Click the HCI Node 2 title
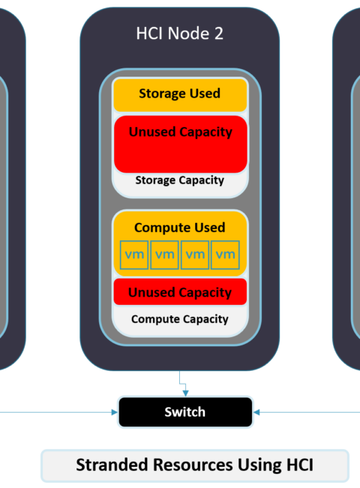click(x=180, y=33)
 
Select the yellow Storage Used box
click(x=180, y=95)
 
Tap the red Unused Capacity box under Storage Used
click(x=180, y=144)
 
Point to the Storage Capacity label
click(x=180, y=180)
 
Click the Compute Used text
click(x=180, y=227)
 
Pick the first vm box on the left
click(x=134, y=255)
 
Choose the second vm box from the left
click(x=164, y=255)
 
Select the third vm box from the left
click(x=195, y=255)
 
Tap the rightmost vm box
click(x=225, y=255)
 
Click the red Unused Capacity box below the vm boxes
click(x=180, y=292)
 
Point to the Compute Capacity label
click(x=180, y=319)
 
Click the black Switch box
click(x=185, y=412)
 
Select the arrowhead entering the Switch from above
click(x=185, y=393)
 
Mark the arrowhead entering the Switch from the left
click(x=115, y=412)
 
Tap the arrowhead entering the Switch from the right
click(x=256, y=412)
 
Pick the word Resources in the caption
click(x=193, y=465)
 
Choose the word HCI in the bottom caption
click(x=300, y=465)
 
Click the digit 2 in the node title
click(x=219, y=33)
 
